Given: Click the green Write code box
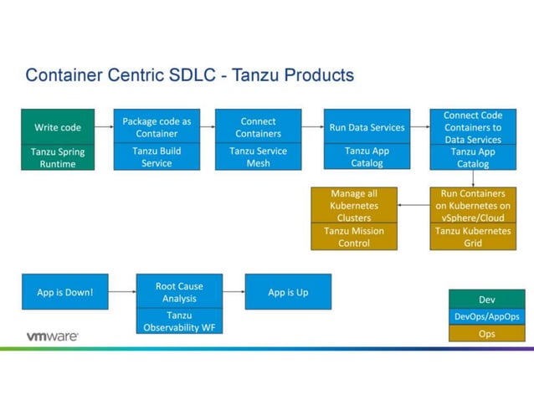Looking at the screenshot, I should pyautogui.click(x=58, y=127).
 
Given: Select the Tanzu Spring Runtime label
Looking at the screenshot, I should pyautogui.click(x=58, y=157).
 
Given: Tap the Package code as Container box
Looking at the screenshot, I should pyautogui.click(x=157, y=127).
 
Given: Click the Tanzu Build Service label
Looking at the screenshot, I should pyautogui.click(x=157, y=157).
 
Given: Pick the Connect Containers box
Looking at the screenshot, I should pyautogui.click(x=258, y=127).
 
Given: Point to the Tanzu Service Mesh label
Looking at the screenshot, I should pyautogui.click(x=258, y=157).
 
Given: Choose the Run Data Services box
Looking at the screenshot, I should pyautogui.click(x=367, y=127).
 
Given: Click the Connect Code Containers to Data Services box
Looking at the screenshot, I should pyautogui.click(x=473, y=127).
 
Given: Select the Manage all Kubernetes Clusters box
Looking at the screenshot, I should pyautogui.click(x=354, y=205).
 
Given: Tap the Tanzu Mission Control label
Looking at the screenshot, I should pyautogui.click(x=354, y=237).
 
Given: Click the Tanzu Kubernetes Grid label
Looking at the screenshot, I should pyautogui.click(x=473, y=237).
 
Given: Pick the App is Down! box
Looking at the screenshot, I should pyautogui.click(x=65, y=292).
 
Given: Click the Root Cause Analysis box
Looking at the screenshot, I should pyautogui.click(x=179, y=291).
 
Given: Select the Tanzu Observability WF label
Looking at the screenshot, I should pyautogui.click(x=179, y=321).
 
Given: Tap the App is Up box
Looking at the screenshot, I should pyautogui.click(x=288, y=292).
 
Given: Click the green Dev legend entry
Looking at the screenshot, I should pyautogui.click(x=486, y=300).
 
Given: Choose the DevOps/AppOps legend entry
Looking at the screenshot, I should pyautogui.click(x=486, y=316).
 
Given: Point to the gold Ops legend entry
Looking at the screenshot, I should pyautogui.click(x=486, y=333).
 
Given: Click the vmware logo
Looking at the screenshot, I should pyautogui.click(x=52, y=336).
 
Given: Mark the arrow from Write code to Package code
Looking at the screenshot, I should pyautogui.click(x=104, y=127).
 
